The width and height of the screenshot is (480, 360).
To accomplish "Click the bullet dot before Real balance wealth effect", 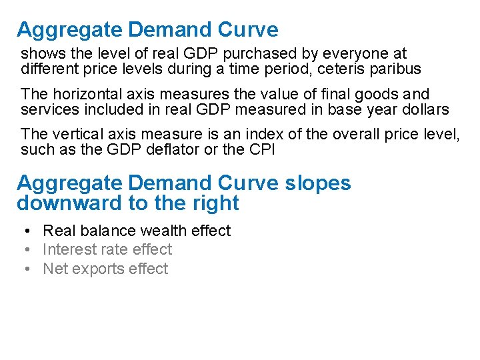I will pyautogui.click(x=23, y=231).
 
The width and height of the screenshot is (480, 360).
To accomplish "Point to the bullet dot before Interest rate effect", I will pyautogui.click(x=23, y=249).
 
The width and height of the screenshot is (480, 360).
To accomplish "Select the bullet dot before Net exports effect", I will pyautogui.click(x=23, y=269).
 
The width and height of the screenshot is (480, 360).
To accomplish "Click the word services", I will pyautogui.click(x=45, y=110).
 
